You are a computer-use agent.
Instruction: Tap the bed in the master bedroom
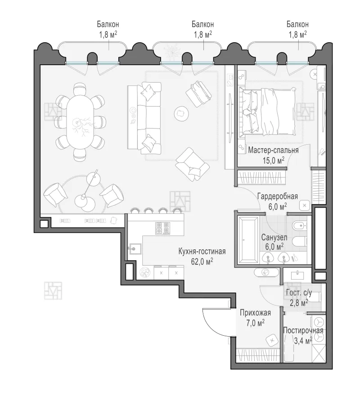[x=268, y=111]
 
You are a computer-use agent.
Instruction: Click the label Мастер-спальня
[x=274, y=150]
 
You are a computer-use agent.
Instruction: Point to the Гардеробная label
[x=278, y=196]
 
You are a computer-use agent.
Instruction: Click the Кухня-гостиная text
[x=202, y=252]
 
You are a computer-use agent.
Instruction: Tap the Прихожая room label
[x=255, y=313]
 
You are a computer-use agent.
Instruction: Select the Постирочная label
[x=303, y=331]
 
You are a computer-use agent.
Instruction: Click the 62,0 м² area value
[x=202, y=262]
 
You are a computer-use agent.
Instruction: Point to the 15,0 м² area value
[x=274, y=160]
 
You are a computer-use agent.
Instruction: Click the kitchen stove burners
[x=162, y=228]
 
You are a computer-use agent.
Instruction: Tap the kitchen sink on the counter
[x=135, y=249]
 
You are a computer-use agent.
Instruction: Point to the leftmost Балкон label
[x=108, y=24]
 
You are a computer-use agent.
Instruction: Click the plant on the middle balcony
[x=170, y=50]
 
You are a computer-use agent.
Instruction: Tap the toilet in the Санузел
[x=299, y=241]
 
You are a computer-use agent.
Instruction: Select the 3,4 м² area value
[x=303, y=341]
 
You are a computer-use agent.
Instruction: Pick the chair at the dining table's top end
[x=80, y=89]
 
